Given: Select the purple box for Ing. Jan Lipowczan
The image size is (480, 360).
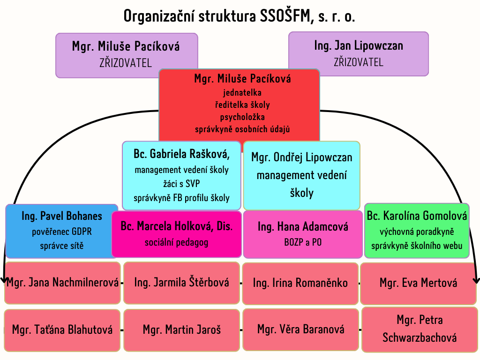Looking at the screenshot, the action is (x=359, y=54).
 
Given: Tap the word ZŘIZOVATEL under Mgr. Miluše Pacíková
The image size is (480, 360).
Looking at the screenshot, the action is (x=126, y=63).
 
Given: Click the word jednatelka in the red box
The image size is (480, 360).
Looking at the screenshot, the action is (x=242, y=92).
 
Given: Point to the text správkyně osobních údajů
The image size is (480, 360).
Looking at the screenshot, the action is (x=242, y=129).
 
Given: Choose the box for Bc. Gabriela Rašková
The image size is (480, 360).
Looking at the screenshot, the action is (x=181, y=175).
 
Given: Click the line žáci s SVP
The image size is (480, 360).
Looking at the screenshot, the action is (x=181, y=183).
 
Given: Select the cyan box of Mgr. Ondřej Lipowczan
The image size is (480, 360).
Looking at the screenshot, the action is (x=301, y=175).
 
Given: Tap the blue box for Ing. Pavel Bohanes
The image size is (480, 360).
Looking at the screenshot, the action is (x=61, y=231).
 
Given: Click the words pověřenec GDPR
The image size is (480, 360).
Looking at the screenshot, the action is (x=61, y=232).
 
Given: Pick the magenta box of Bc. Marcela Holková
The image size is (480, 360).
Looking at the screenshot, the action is (x=177, y=234).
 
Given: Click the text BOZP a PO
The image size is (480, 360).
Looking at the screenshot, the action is (x=303, y=242).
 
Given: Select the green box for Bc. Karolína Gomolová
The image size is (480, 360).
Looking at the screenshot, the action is (x=417, y=231).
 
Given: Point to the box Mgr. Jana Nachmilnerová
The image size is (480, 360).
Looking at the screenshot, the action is (x=62, y=283).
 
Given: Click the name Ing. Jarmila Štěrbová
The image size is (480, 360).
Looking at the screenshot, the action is (x=181, y=282).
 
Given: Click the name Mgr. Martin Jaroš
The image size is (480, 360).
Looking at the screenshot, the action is (x=181, y=330).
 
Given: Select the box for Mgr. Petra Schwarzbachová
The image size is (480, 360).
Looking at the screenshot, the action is (x=420, y=330).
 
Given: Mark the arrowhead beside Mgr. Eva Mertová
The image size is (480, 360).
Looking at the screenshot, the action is (x=476, y=280).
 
